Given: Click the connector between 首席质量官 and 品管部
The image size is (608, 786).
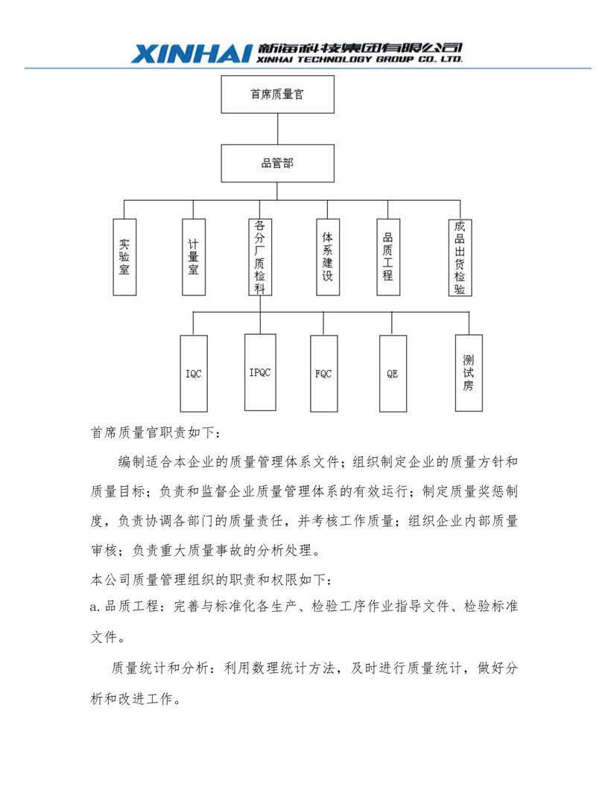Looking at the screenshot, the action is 277,129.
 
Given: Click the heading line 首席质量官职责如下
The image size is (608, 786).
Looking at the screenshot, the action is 155,432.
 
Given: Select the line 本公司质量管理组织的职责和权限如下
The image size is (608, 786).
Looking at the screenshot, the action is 211,580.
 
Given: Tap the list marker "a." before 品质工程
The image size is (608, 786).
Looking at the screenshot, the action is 95,607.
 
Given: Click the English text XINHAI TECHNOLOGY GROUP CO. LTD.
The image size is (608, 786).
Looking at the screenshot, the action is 359,59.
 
